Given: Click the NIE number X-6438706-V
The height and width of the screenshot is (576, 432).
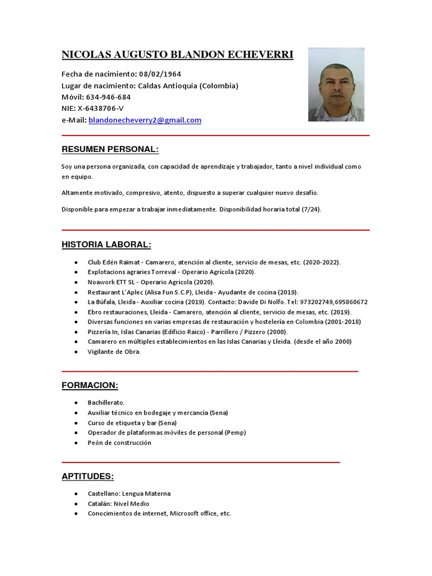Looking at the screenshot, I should (101, 109).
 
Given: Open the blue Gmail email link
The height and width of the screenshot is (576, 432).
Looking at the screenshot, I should (145, 120).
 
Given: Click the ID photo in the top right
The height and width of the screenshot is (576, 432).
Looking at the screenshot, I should (336, 84).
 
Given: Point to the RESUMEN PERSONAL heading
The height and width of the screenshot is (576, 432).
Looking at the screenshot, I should (110, 150).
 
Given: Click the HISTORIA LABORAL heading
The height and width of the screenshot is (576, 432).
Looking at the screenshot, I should (106, 245).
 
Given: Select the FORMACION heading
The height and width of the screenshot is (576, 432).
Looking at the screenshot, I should (89, 385).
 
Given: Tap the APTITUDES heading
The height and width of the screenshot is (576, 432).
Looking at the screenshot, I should (87, 476).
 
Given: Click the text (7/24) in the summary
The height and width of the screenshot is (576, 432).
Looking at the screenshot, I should (311, 209).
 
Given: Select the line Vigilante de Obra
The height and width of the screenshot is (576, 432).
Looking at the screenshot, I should (114, 352).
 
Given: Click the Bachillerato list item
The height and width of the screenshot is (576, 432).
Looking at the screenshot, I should (106, 403).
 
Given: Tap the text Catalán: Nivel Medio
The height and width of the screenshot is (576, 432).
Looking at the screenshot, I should (118, 503).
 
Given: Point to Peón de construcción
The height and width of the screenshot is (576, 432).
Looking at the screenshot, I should (119, 443).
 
